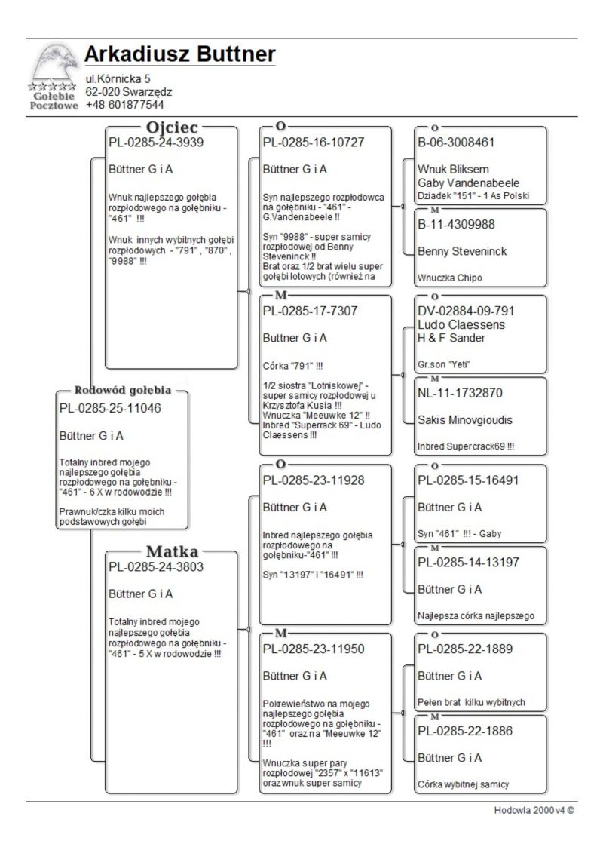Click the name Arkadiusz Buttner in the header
179,54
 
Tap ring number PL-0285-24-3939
156,142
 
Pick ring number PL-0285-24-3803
156,566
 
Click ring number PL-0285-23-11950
317,648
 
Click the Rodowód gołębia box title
123,391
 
